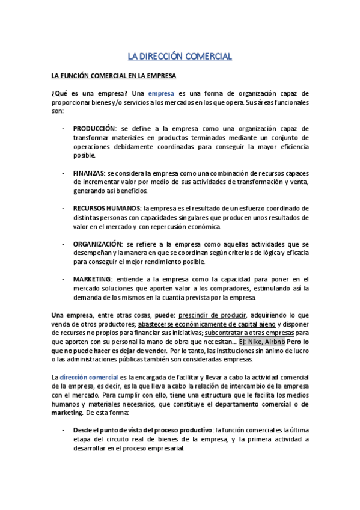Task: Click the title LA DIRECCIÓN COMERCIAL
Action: [x=180, y=57]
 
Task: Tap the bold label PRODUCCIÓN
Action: [x=93, y=128]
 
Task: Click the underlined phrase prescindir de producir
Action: [x=212, y=315]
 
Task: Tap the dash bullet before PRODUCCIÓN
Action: [x=64, y=128]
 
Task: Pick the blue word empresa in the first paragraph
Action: [x=160, y=94]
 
